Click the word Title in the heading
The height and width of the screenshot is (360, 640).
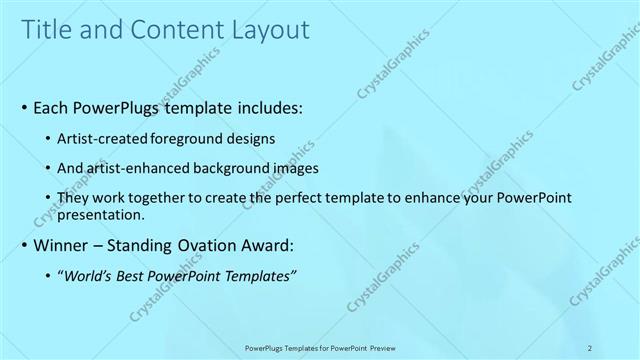pos(46,31)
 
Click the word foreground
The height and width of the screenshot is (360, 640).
pos(189,139)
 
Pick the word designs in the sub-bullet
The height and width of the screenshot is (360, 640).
pos(249,139)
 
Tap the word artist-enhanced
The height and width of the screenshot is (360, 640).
pos(136,170)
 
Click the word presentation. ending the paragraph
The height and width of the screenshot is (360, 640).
pos(102,215)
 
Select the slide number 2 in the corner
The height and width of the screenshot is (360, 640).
pos(590,348)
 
